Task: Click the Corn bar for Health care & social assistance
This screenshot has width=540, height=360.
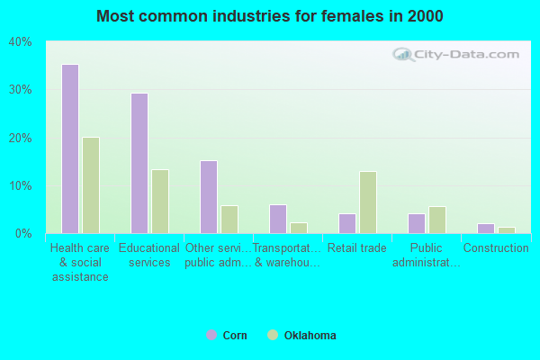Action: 70,148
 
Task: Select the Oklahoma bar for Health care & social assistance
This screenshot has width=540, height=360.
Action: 91,185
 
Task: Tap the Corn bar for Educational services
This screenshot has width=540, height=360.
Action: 139,163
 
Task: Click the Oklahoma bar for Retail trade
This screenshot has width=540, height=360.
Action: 368,202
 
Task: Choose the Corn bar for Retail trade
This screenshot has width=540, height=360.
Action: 347,223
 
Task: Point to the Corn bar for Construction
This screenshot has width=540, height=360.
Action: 486,229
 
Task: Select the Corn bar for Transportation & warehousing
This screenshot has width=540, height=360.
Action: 278,219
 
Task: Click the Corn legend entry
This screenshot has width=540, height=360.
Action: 227,336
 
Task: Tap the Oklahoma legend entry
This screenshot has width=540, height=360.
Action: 301,336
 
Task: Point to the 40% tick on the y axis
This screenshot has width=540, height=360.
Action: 21,42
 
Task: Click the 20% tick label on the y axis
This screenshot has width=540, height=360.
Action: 21,138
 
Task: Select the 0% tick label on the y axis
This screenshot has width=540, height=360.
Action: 23,234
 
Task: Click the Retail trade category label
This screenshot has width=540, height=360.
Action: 357,248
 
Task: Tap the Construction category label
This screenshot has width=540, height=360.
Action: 496,248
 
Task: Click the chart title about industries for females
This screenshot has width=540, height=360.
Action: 270,16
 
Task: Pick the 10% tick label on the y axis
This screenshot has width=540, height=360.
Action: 21,186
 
